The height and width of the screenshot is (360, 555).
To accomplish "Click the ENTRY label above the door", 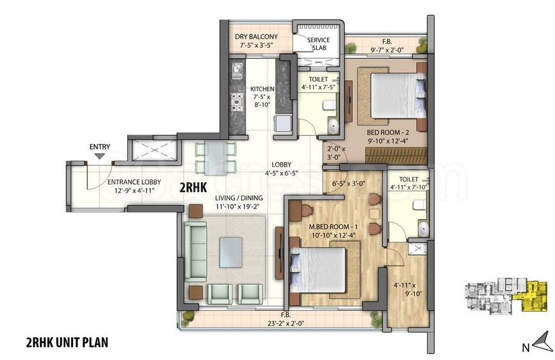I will (x=100, y=147).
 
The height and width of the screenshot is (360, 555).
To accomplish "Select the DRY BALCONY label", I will (x=256, y=37).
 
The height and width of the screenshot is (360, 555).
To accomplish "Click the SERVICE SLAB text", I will (x=318, y=43).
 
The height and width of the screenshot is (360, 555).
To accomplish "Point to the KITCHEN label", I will (x=262, y=89).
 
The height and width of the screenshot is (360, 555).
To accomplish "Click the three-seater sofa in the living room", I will (x=195, y=251).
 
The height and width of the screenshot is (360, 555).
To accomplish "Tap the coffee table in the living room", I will (x=232, y=252).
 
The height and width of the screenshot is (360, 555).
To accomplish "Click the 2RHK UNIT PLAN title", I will (x=66, y=343).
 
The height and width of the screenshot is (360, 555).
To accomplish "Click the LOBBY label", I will (x=282, y=164).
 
